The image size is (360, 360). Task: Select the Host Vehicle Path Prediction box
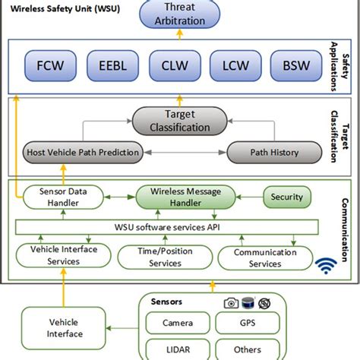coord(83,153)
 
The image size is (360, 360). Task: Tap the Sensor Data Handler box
coord(62,198)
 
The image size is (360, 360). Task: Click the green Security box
coord(287,197)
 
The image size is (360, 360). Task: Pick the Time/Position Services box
coord(162,257)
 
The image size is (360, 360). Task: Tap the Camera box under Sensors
coord(176,322)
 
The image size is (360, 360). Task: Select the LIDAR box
coord(176,350)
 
